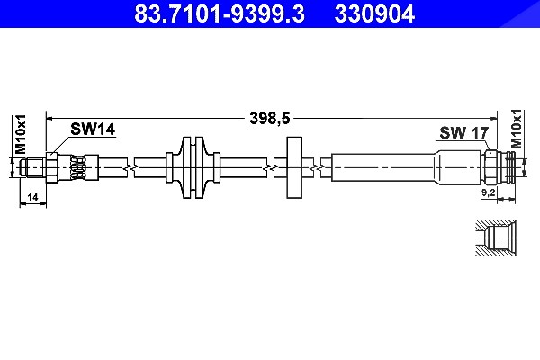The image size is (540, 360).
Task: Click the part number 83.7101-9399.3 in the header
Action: point(220,13)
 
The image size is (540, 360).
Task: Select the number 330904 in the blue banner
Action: point(374,13)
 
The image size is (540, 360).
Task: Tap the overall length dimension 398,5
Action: point(270,118)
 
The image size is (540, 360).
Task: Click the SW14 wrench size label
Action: point(93,130)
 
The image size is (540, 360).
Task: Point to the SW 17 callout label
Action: point(463,132)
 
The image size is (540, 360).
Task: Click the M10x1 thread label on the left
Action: point(21,134)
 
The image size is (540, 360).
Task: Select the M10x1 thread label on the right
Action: point(517,129)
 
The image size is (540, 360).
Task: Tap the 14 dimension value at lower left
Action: point(32,197)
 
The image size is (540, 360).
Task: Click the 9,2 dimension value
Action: point(488,193)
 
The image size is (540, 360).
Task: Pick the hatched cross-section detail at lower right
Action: point(496,238)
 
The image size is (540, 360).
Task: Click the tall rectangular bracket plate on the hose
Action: point(294,167)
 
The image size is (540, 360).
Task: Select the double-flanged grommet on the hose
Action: point(193,167)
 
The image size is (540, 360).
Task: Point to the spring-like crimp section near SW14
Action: point(77,167)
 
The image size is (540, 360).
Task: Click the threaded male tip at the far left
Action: point(32,167)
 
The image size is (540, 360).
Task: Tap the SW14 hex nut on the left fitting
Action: point(51,167)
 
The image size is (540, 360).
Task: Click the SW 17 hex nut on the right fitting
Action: point(490,167)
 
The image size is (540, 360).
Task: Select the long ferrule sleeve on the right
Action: point(407,167)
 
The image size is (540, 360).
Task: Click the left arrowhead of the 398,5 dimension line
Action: point(49,119)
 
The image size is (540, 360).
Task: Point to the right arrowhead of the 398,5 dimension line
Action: point(494,119)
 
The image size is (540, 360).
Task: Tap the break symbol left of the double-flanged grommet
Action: point(130,167)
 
